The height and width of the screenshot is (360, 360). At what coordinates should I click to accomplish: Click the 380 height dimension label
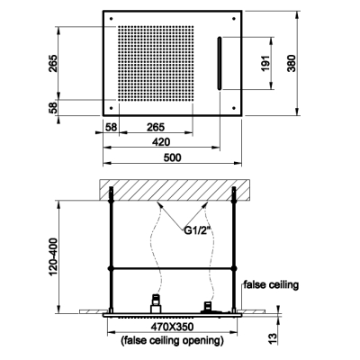[x=292, y=63]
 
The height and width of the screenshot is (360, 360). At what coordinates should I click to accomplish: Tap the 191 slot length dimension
[x=265, y=63]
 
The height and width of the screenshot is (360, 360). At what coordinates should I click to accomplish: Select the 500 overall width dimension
[x=173, y=157]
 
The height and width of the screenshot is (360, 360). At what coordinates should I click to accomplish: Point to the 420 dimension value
[x=161, y=141]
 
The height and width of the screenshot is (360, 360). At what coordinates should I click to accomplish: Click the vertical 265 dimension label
[x=53, y=63]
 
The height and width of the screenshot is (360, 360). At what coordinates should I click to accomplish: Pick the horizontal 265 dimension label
[x=156, y=127]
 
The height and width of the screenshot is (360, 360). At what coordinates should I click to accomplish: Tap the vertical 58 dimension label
[x=53, y=108]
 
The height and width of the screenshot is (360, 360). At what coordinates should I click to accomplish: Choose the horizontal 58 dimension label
[x=112, y=127]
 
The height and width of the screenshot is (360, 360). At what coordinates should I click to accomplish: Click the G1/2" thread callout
[x=197, y=231]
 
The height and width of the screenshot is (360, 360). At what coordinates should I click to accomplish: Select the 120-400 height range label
[x=53, y=257]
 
